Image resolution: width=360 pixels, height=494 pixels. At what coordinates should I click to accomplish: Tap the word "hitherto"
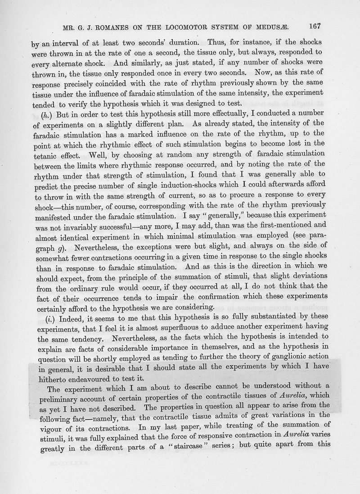click(x=46, y=379)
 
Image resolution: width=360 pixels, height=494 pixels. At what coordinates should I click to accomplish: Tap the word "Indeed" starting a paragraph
click(x=70, y=316)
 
